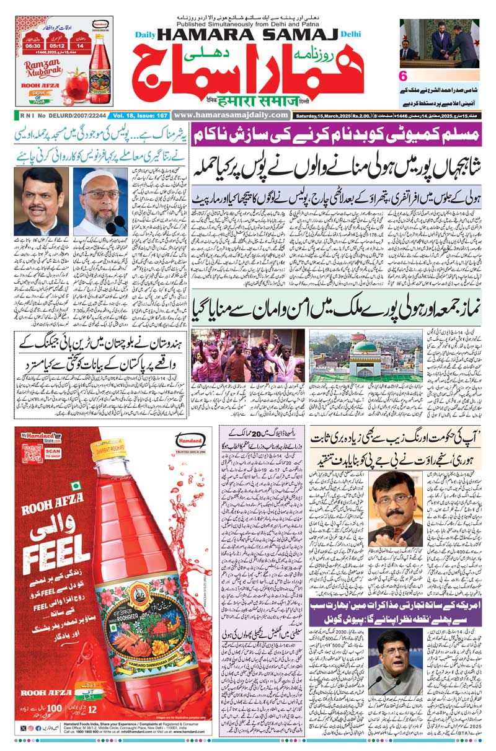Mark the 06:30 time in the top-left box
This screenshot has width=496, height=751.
(32, 45)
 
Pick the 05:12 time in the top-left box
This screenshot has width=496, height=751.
(57, 45)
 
